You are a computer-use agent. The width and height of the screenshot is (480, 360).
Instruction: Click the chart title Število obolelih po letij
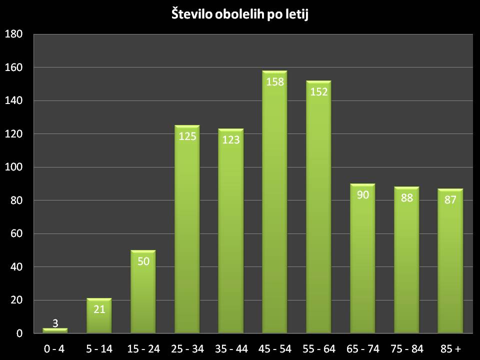(240, 15)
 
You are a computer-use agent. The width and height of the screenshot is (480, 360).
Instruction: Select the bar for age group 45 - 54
(274, 205)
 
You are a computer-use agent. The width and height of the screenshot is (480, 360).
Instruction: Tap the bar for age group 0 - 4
(55, 330)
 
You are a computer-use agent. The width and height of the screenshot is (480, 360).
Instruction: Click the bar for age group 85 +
(450, 265)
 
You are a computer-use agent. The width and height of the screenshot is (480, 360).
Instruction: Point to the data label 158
(274, 81)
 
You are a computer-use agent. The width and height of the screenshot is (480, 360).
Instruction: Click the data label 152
(318, 91)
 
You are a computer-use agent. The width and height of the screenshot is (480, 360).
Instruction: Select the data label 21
(99, 309)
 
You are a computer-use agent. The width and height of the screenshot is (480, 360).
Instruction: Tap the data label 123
(231, 140)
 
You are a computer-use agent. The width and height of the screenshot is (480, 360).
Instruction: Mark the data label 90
(362, 194)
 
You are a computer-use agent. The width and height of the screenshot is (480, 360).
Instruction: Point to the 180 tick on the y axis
(14, 34)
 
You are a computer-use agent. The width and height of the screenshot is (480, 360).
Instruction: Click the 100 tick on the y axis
(14, 167)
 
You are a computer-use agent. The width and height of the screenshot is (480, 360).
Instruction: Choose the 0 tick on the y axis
(19, 333)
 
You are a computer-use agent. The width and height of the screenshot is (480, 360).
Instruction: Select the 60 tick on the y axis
(16, 234)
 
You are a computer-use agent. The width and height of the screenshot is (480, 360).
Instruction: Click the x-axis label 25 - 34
(187, 348)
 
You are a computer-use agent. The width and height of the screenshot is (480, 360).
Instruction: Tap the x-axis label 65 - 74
(362, 348)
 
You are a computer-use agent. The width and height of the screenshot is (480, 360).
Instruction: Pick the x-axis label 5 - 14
(99, 348)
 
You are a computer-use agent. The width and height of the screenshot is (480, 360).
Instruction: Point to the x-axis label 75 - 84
(406, 348)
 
